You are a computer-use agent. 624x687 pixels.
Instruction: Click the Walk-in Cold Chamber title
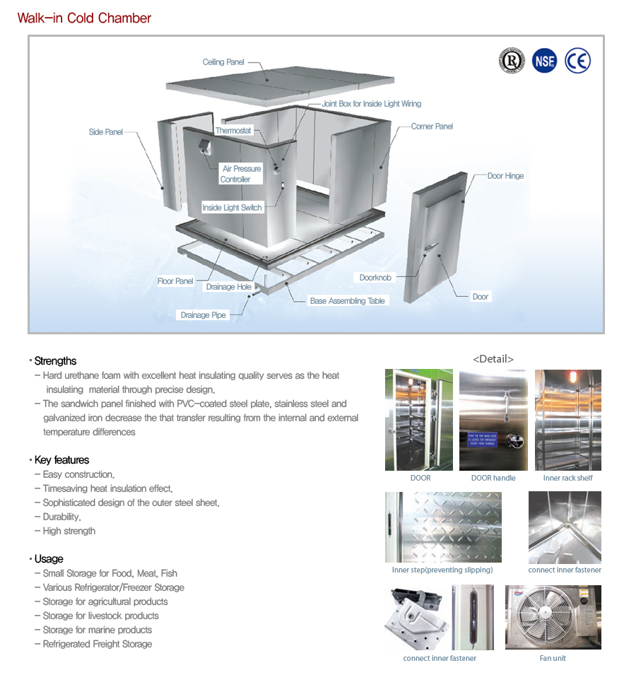(84, 18)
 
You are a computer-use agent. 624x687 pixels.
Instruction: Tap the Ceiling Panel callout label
(223, 62)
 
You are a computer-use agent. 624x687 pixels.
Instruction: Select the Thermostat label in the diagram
(233, 131)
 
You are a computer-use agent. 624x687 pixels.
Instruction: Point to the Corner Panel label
(432, 127)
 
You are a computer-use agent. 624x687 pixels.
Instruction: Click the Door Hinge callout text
(505, 176)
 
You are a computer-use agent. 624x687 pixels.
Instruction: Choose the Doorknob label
(375, 278)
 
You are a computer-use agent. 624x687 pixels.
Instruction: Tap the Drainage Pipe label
(203, 315)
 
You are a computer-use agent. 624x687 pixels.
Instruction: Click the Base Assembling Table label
(347, 301)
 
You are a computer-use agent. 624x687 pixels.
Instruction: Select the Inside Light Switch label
(232, 208)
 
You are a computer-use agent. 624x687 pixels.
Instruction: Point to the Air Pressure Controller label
(241, 174)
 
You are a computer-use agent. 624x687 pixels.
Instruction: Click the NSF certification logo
(544, 61)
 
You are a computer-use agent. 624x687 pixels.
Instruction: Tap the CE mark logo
(577, 61)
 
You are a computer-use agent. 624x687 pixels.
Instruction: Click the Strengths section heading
(55, 361)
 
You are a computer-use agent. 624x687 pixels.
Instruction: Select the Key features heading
(61, 460)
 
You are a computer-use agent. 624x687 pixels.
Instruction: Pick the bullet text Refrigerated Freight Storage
(98, 644)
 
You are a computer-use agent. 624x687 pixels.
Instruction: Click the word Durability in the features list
(61, 517)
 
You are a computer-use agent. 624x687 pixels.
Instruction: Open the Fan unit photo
(553, 617)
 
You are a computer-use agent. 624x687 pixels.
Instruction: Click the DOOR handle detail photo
(493, 420)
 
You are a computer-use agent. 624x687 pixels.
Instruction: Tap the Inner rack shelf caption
(567, 478)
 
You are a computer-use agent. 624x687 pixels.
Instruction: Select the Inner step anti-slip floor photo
(442, 527)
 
